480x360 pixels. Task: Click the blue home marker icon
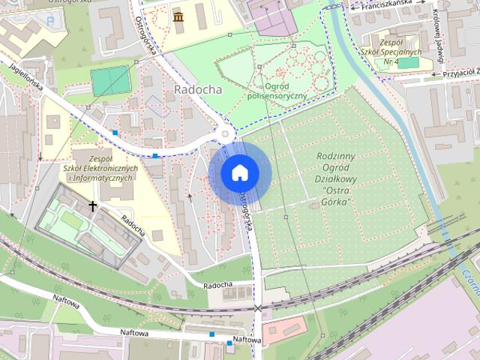click(x=239, y=173)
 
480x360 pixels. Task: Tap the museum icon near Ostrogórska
click(x=178, y=16)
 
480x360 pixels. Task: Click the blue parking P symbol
click(x=50, y=21)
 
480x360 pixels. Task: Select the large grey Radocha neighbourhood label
click(x=197, y=88)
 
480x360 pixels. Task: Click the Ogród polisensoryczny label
click(x=276, y=90)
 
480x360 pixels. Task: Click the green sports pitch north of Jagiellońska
click(x=110, y=79)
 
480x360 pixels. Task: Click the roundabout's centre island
click(x=226, y=135)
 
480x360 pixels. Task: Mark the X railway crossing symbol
click(x=258, y=307)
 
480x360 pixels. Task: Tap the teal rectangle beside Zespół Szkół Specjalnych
click(x=408, y=63)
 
